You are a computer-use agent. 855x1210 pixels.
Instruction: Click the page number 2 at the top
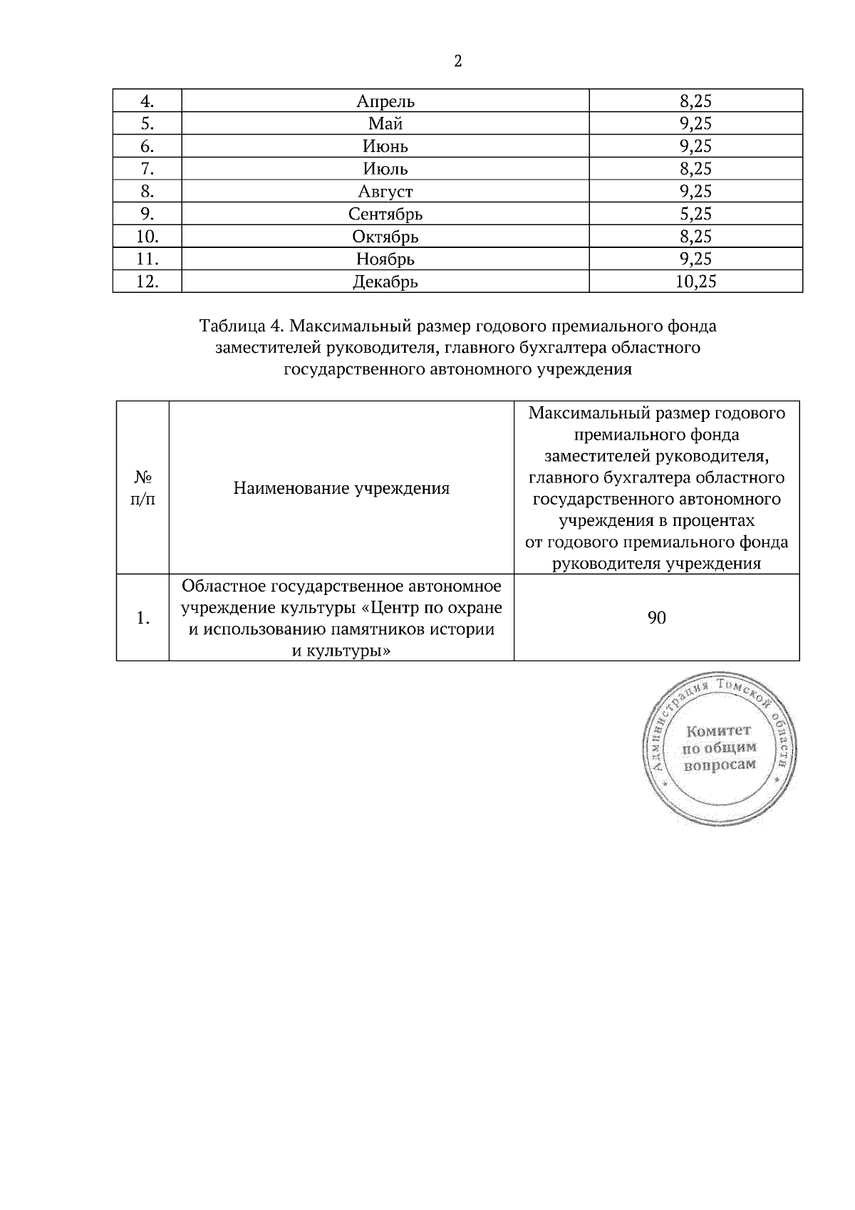tap(457, 61)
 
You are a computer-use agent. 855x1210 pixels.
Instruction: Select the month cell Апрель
tap(385, 101)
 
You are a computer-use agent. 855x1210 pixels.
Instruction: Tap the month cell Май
tap(385, 124)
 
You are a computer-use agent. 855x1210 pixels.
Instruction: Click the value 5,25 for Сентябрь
tap(695, 214)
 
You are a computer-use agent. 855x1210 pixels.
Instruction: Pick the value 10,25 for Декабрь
tap(695, 281)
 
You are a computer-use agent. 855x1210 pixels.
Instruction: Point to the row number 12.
tap(147, 281)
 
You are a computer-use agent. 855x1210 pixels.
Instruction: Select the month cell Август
tap(385, 191)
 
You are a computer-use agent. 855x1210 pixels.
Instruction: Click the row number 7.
tap(147, 169)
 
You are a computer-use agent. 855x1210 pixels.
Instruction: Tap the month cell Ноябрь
tap(385, 259)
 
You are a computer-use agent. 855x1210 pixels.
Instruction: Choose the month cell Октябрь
tap(385, 236)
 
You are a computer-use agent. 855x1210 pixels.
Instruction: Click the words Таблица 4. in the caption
tap(242, 326)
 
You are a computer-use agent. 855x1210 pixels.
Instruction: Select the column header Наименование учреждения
tap(341, 488)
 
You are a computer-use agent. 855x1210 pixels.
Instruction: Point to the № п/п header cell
tap(142, 488)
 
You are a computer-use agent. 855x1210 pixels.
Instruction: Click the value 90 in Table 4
tap(657, 618)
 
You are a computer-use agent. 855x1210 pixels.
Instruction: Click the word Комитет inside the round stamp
tap(718, 731)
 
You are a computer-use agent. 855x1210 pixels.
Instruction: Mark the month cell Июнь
tap(385, 146)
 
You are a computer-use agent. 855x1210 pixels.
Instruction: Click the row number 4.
tap(147, 101)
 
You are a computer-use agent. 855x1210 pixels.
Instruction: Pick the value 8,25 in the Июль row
tap(695, 169)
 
